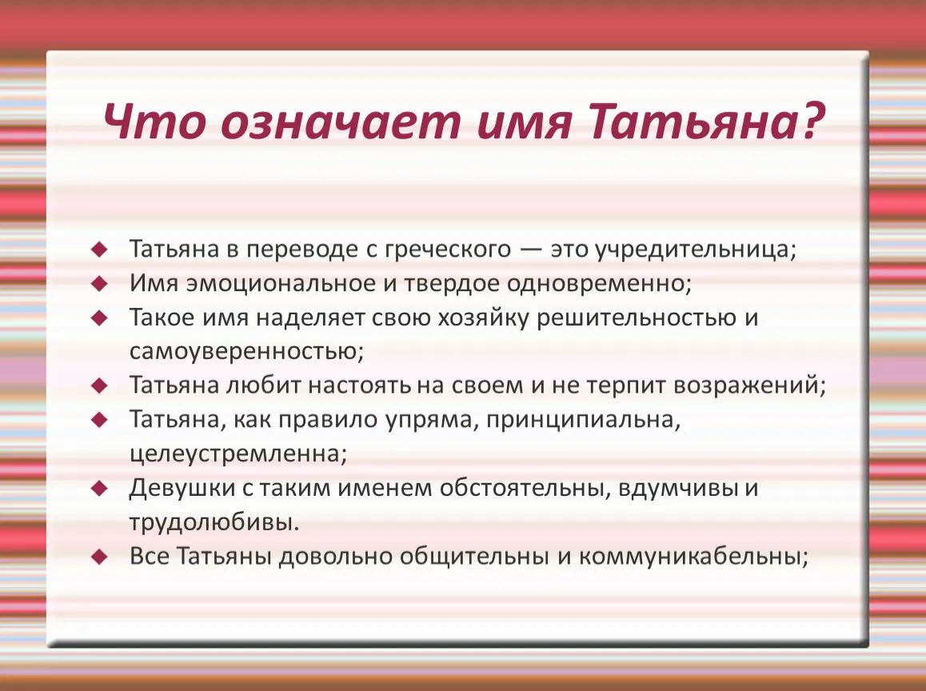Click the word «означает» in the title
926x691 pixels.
click(341, 122)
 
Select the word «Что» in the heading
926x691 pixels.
click(154, 121)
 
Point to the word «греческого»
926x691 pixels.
click(448, 250)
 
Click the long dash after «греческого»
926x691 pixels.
click(531, 250)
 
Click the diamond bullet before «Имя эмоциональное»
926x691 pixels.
click(100, 284)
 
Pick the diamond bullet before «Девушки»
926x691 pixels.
click(100, 489)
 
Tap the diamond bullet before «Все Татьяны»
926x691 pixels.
click(100, 557)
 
